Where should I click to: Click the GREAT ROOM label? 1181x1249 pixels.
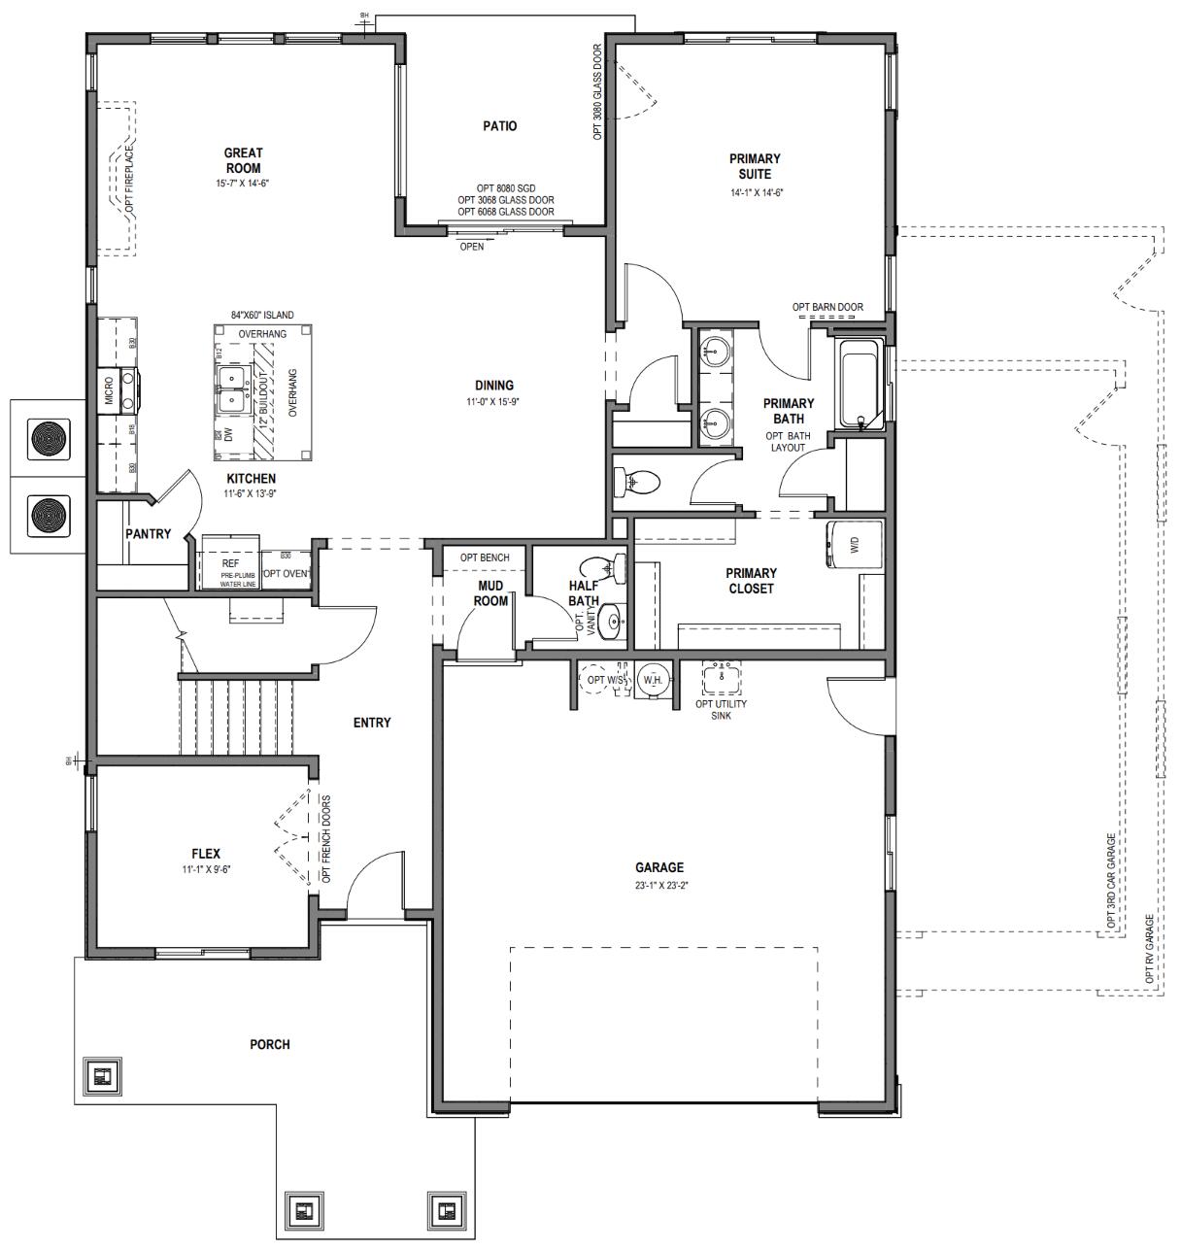[x=243, y=160]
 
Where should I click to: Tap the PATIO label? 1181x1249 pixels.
[x=500, y=125]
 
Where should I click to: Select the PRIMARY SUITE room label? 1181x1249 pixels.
[x=755, y=166]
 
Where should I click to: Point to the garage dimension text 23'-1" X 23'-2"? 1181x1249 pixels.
[x=659, y=885]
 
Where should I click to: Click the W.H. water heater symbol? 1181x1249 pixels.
[x=652, y=680]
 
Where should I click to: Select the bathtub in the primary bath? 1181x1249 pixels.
[x=860, y=385]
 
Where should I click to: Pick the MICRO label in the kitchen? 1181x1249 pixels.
[x=109, y=388]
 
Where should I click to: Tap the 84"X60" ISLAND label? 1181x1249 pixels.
[x=262, y=316]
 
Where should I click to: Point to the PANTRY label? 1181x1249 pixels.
[x=148, y=534]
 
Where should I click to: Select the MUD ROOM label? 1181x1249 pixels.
[x=490, y=593]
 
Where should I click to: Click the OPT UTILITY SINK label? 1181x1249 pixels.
[x=721, y=709]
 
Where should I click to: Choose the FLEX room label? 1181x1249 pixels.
[x=205, y=854]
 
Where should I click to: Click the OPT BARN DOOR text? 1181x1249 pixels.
[x=827, y=308]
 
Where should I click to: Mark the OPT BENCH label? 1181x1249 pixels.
[x=485, y=557]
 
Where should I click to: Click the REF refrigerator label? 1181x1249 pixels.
[x=230, y=563]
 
